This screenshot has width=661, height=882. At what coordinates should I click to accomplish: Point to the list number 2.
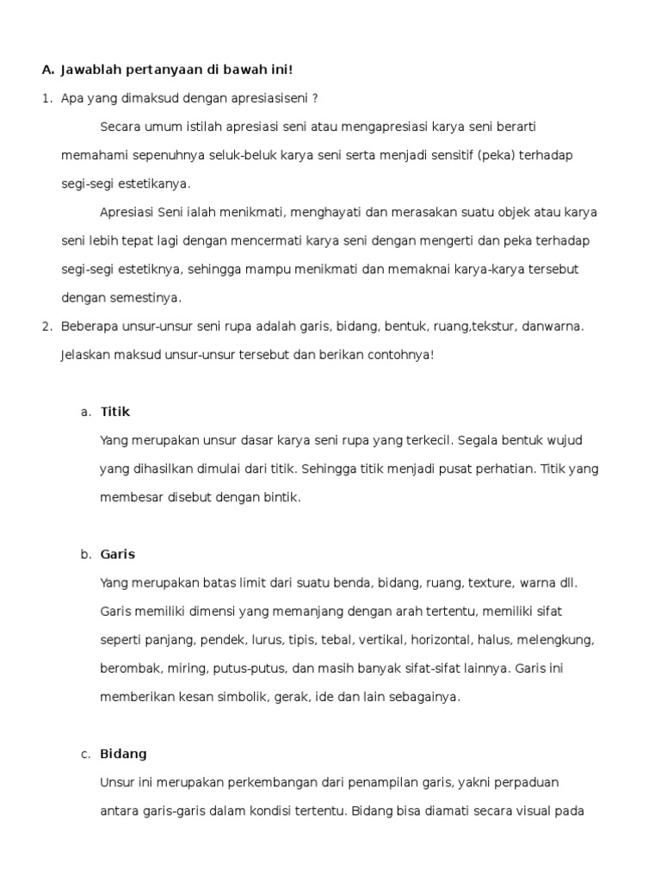click(x=46, y=326)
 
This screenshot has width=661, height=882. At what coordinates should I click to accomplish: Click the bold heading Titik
click(x=114, y=412)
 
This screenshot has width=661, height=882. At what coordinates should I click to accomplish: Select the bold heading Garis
click(x=118, y=554)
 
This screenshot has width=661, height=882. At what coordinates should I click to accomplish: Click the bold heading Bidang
click(x=124, y=754)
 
